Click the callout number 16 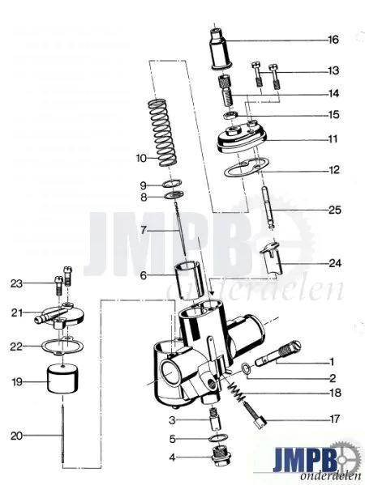(x=333, y=40)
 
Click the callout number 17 (x=333, y=419)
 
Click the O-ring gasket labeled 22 (x=65, y=347)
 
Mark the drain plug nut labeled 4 (x=218, y=466)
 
